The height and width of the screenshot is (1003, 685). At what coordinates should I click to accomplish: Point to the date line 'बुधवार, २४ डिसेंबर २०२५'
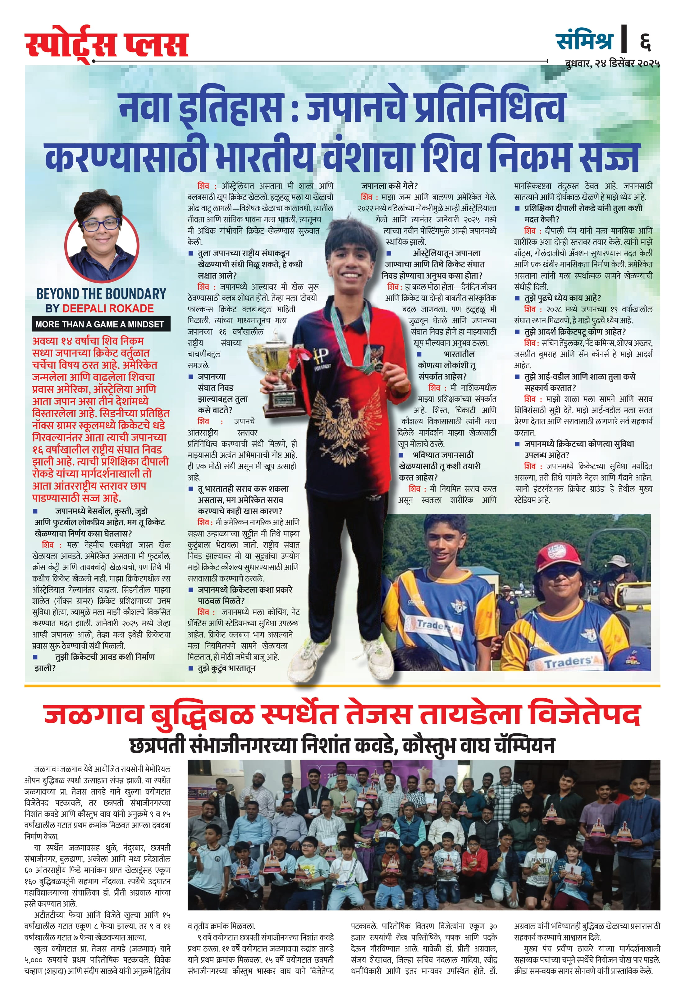612,63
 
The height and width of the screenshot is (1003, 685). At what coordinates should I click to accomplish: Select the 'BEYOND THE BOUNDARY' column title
101,294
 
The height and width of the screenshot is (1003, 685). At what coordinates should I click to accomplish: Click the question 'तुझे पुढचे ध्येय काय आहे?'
562,298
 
